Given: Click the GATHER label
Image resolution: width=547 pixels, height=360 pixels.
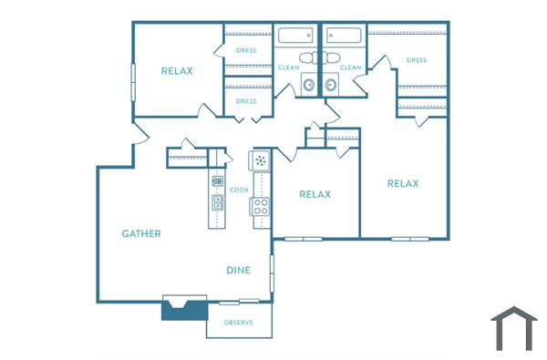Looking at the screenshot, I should (x=141, y=234).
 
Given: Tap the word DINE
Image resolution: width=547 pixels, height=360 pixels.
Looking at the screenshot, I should (x=239, y=271).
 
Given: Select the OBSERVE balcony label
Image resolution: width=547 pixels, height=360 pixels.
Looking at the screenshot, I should (x=238, y=323).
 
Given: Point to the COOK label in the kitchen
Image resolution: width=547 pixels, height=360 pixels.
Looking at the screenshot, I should (x=239, y=190).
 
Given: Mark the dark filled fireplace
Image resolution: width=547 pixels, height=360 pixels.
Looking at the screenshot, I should (x=184, y=308).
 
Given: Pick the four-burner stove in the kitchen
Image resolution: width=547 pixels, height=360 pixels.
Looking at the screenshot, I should (x=261, y=206).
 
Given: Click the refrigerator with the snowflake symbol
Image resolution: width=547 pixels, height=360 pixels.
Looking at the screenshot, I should (x=262, y=161).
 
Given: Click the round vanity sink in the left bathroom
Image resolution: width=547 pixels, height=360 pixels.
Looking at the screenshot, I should (x=308, y=86).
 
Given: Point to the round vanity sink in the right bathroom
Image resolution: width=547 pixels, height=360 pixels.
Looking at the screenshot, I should (x=331, y=86).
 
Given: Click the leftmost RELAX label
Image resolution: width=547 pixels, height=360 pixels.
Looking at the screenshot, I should (x=177, y=71).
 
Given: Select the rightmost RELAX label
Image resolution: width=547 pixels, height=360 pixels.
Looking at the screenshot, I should (x=403, y=183).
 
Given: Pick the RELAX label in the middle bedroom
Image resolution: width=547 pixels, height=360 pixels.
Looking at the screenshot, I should (x=315, y=194).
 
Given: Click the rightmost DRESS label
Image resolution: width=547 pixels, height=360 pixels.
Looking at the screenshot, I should (x=417, y=61).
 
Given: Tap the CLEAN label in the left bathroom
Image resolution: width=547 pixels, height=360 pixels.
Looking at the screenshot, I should (x=288, y=67).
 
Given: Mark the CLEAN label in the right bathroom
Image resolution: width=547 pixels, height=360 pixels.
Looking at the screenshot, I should (x=351, y=67).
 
